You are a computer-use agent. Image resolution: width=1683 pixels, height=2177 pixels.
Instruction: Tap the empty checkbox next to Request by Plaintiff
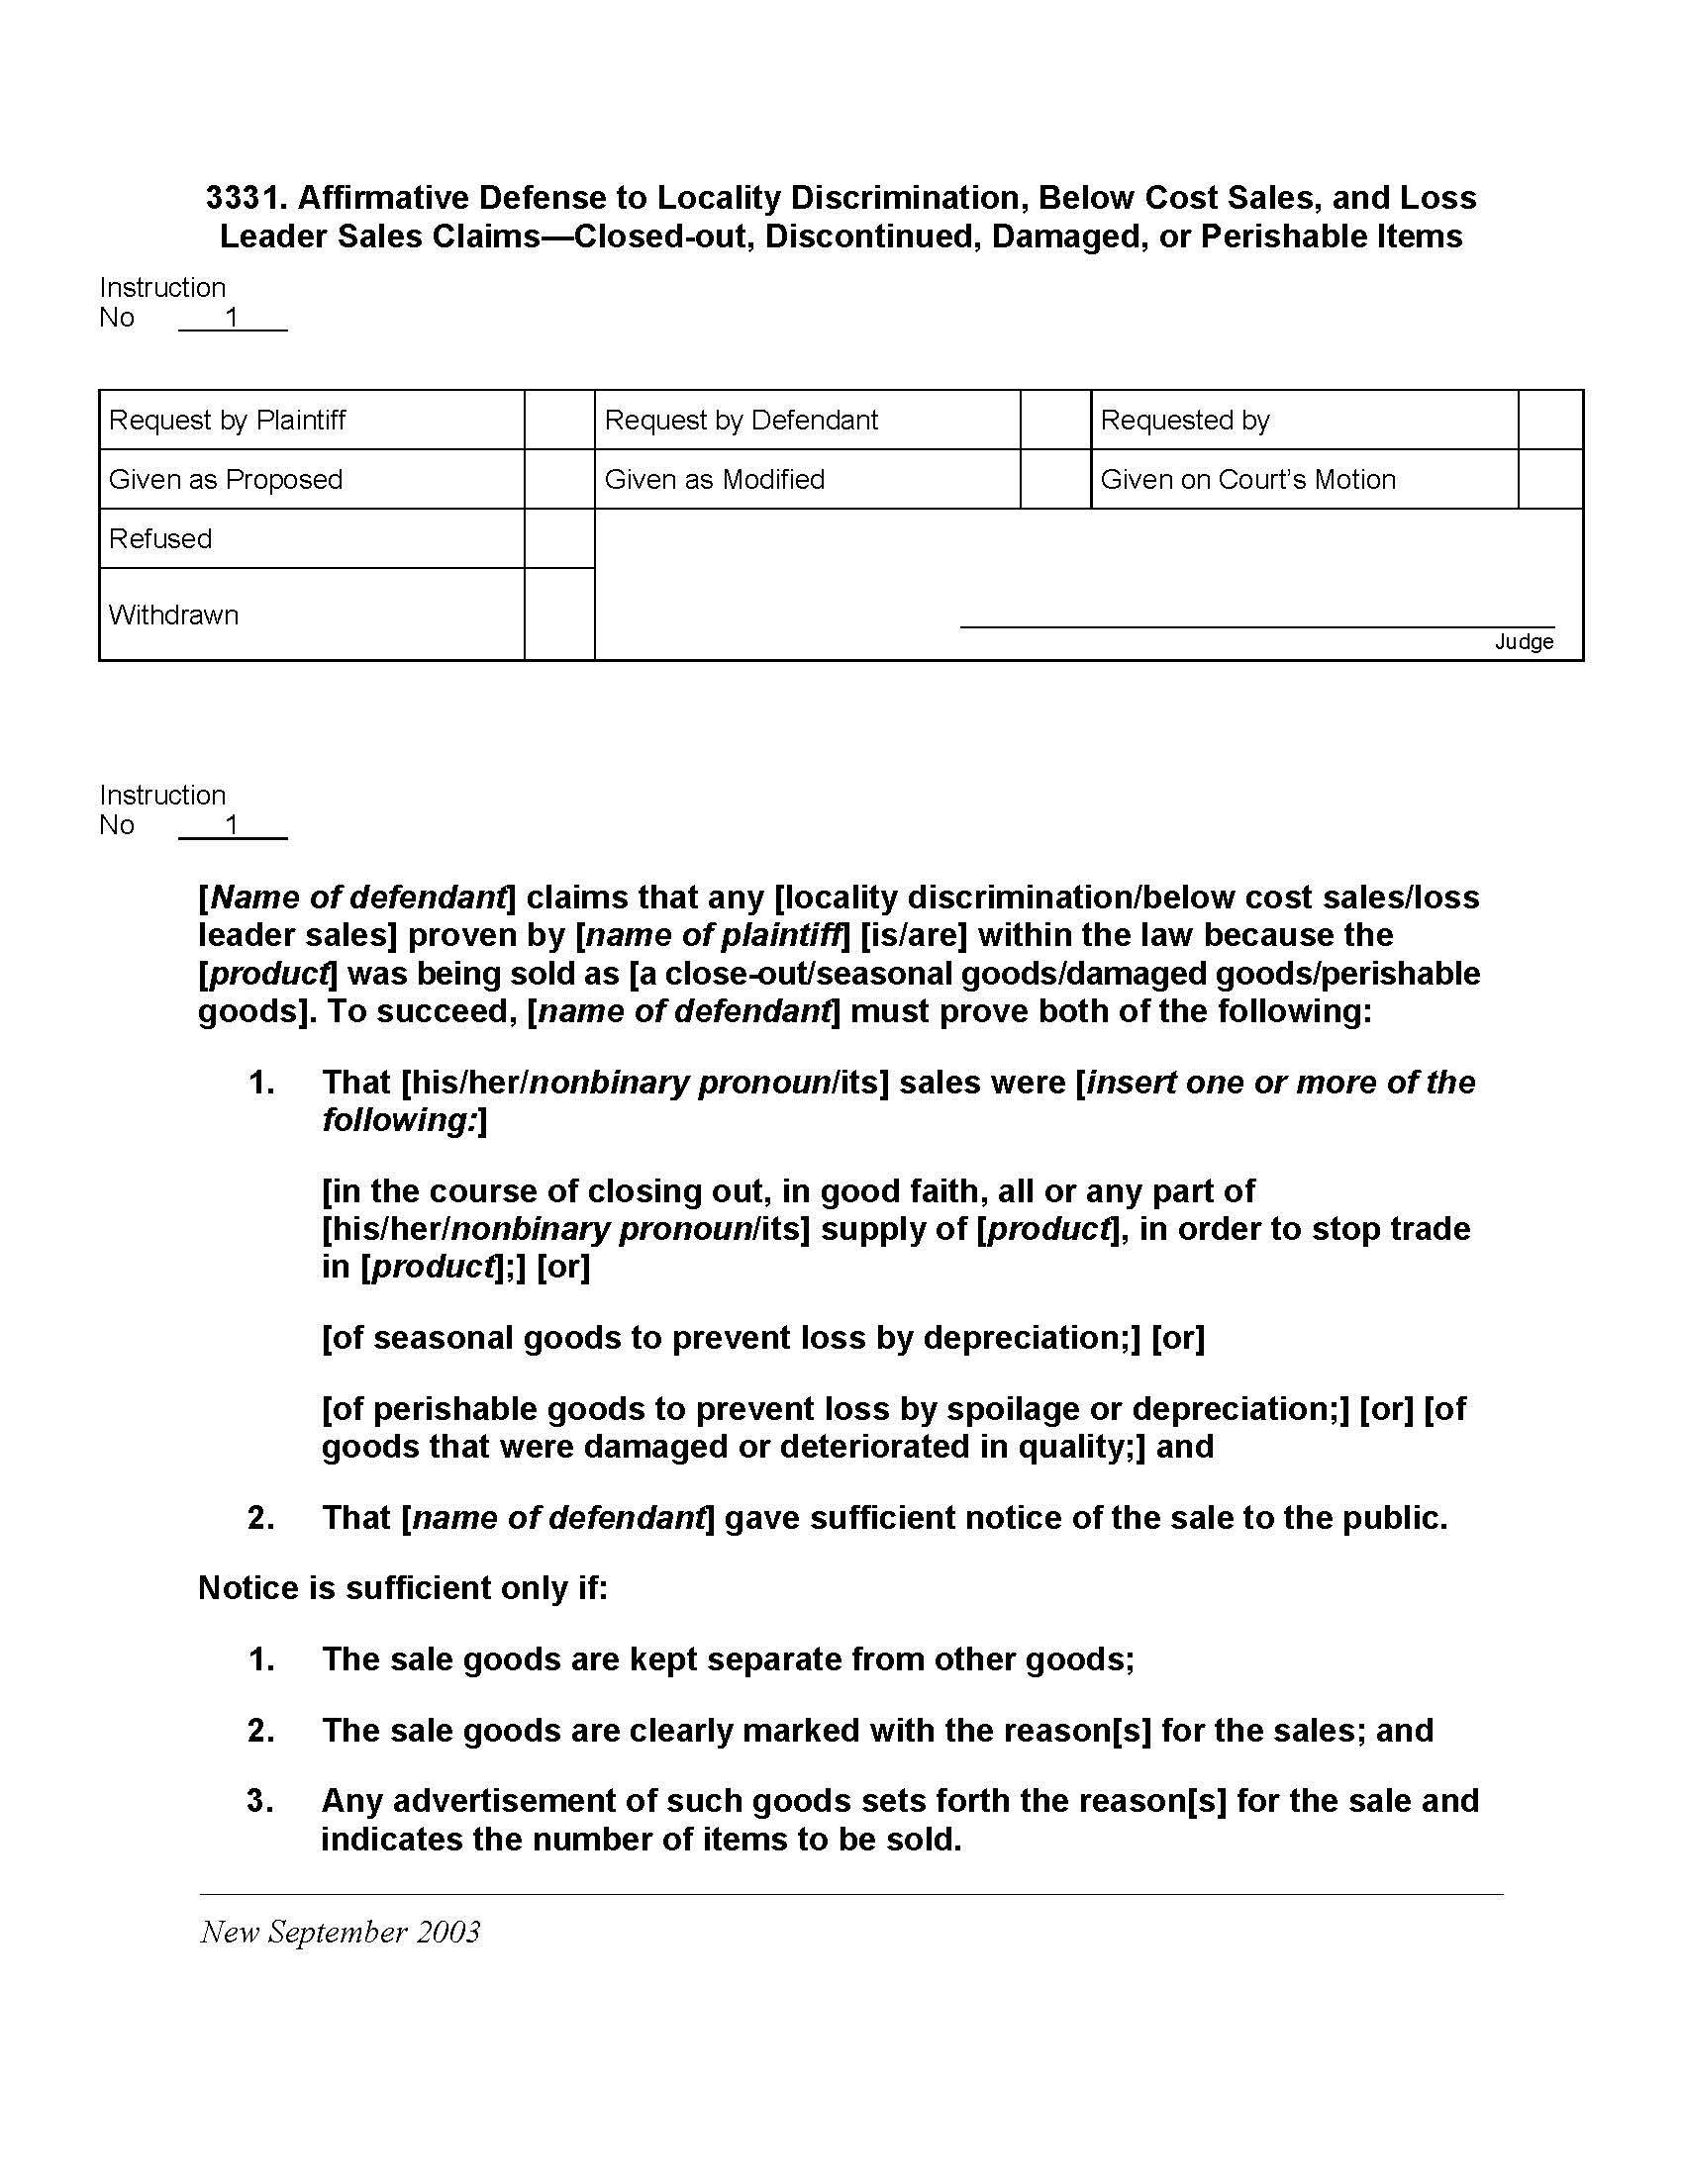[x=559, y=420]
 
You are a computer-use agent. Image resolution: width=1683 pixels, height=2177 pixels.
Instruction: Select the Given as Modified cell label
[x=714, y=480]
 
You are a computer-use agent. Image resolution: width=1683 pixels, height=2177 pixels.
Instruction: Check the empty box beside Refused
[x=559, y=538]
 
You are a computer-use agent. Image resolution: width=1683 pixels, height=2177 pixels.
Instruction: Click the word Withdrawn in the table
[x=173, y=615]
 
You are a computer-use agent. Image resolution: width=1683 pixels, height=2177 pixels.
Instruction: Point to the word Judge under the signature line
[x=1524, y=642]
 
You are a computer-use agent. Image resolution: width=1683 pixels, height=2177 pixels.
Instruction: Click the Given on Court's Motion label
[x=1247, y=480]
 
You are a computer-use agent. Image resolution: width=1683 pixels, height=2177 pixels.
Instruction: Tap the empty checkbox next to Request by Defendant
[x=1055, y=420]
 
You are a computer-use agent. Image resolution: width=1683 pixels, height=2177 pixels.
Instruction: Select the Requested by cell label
[x=1184, y=420]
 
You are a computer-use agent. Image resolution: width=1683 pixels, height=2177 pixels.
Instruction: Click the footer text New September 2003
[x=340, y=1932]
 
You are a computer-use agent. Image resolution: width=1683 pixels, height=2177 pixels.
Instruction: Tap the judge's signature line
[x=1256, y=625]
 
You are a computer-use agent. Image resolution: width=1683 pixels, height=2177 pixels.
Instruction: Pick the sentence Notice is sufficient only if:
[x=403, y=1588]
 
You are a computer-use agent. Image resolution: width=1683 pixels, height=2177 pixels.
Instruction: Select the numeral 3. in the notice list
[x=261, y=1801]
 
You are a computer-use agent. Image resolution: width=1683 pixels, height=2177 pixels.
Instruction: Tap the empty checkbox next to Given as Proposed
[x=559, y=480]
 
